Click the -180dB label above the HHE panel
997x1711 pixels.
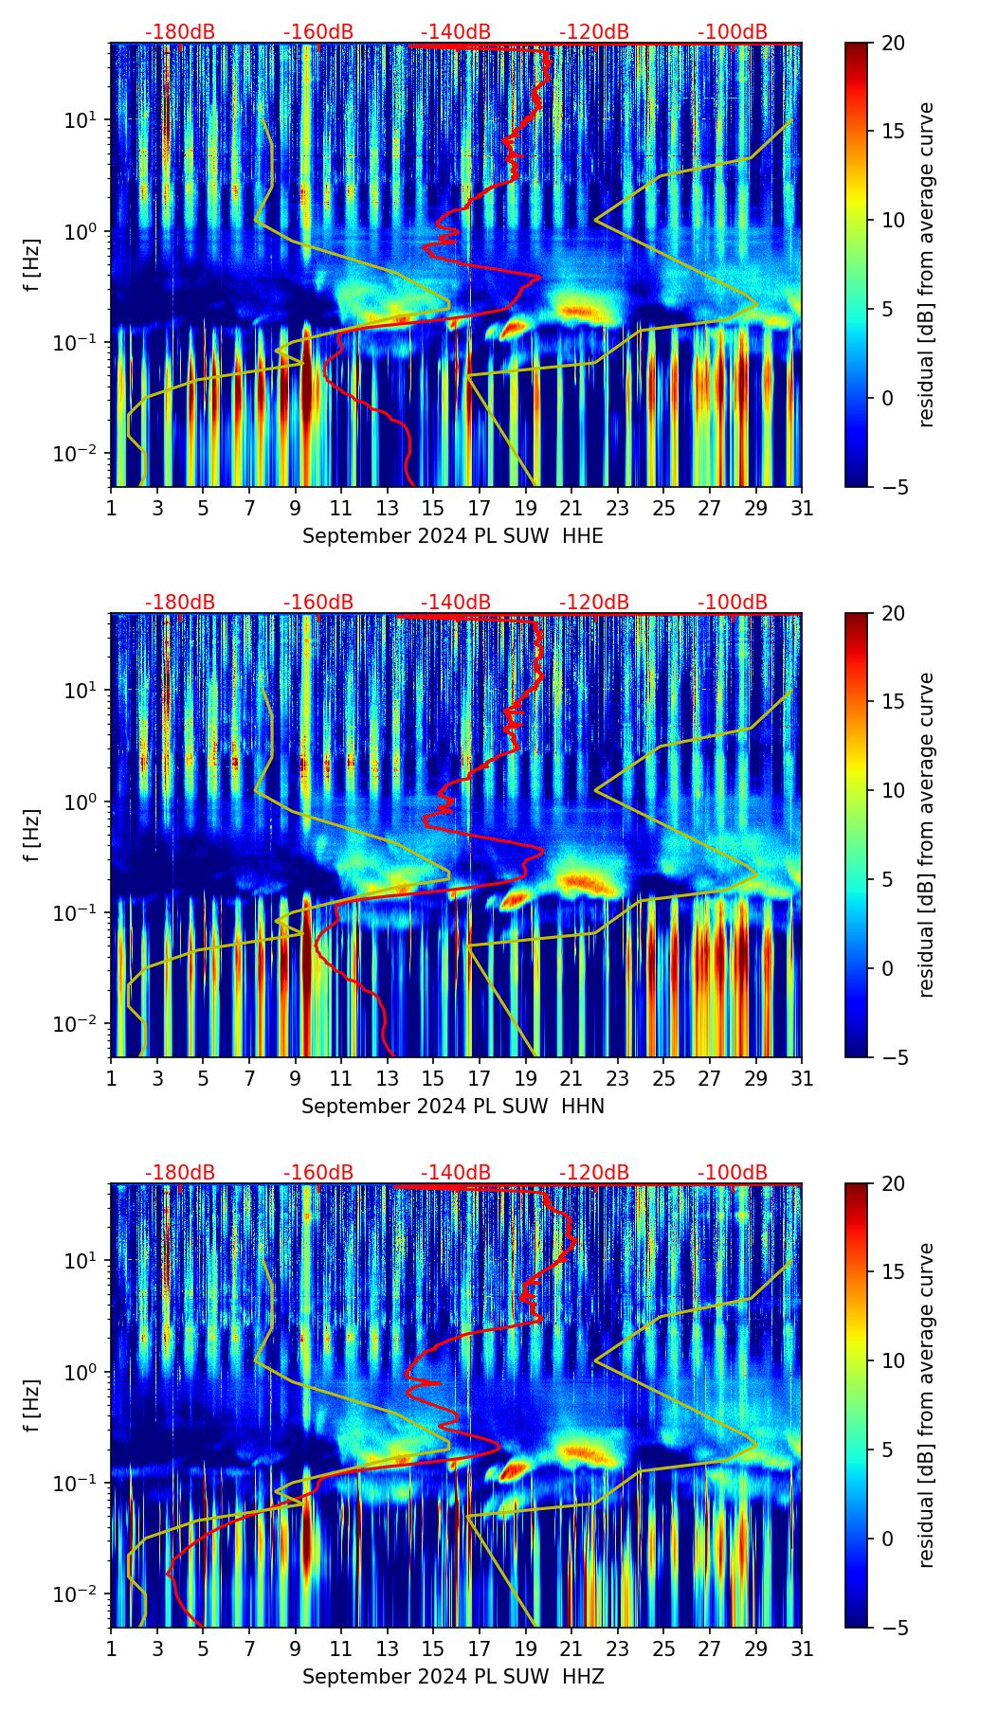coord(180,32)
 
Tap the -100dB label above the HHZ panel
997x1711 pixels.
coord(733,1173)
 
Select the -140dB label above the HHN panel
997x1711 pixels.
coord(456,603)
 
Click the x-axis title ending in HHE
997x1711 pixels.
coord(453,536)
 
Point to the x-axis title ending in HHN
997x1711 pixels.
coord(453,1107)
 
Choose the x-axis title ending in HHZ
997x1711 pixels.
coord(453,1677)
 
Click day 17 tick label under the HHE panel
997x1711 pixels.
coord(480,509)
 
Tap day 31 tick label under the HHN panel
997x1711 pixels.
coord(802,1079)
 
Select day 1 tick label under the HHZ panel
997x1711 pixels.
coord(111,1649)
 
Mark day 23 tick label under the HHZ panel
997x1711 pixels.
coord(618,1649)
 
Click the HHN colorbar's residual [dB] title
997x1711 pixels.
coord(926,835)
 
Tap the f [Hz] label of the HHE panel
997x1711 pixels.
coord(32,264)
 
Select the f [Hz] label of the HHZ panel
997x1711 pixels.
coord(32,1405)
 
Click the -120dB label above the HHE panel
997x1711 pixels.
coord(594,32)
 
